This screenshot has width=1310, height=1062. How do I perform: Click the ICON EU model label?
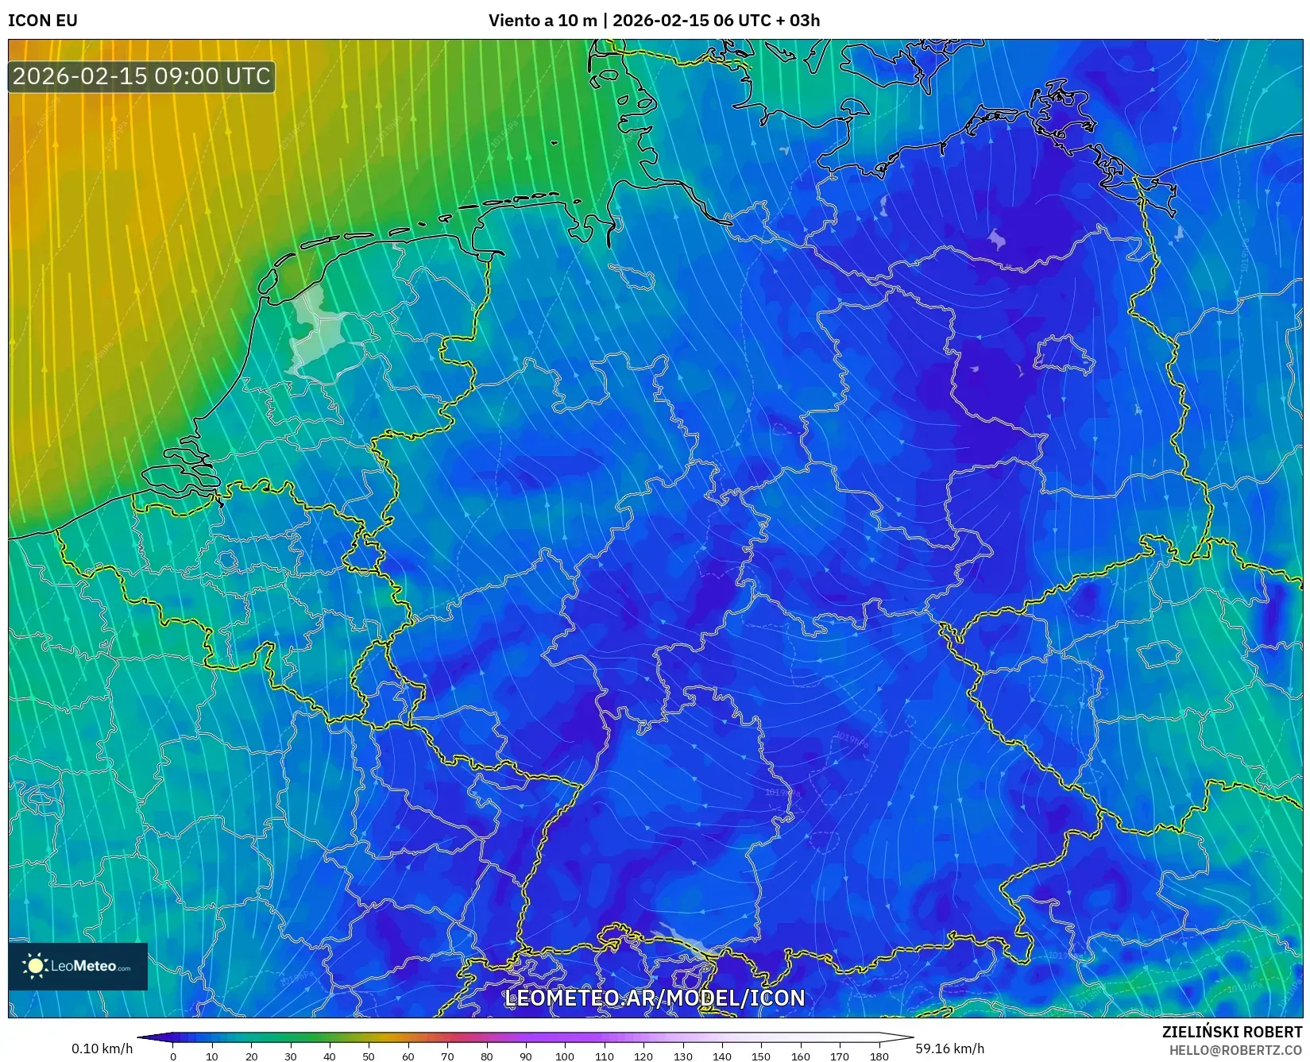43,21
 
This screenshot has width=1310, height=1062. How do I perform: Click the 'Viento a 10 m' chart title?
542,21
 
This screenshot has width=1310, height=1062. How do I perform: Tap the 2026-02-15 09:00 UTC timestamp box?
141,77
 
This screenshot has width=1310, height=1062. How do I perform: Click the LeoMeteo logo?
78,966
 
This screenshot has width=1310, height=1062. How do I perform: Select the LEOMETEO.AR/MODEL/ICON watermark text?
655,998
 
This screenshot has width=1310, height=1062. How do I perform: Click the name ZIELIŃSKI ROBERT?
1232,1032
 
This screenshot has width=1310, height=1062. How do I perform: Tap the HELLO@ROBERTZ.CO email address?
1236,1050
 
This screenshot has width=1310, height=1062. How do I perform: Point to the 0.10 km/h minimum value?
102,1048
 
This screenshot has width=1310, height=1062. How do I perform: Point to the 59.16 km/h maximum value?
950,1048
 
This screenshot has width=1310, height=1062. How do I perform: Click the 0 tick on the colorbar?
173,1056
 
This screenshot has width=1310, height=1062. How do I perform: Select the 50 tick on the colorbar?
369,1056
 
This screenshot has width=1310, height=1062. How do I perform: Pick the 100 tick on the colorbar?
565,1056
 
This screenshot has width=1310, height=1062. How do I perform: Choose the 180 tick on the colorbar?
879,1056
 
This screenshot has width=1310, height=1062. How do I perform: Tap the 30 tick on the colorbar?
291,1056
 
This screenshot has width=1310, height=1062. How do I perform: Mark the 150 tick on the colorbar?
761,1056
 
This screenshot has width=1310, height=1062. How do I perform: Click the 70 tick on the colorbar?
447,1056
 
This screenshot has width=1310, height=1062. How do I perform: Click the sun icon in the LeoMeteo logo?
35,966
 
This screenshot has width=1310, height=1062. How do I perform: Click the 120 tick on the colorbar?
643,1056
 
